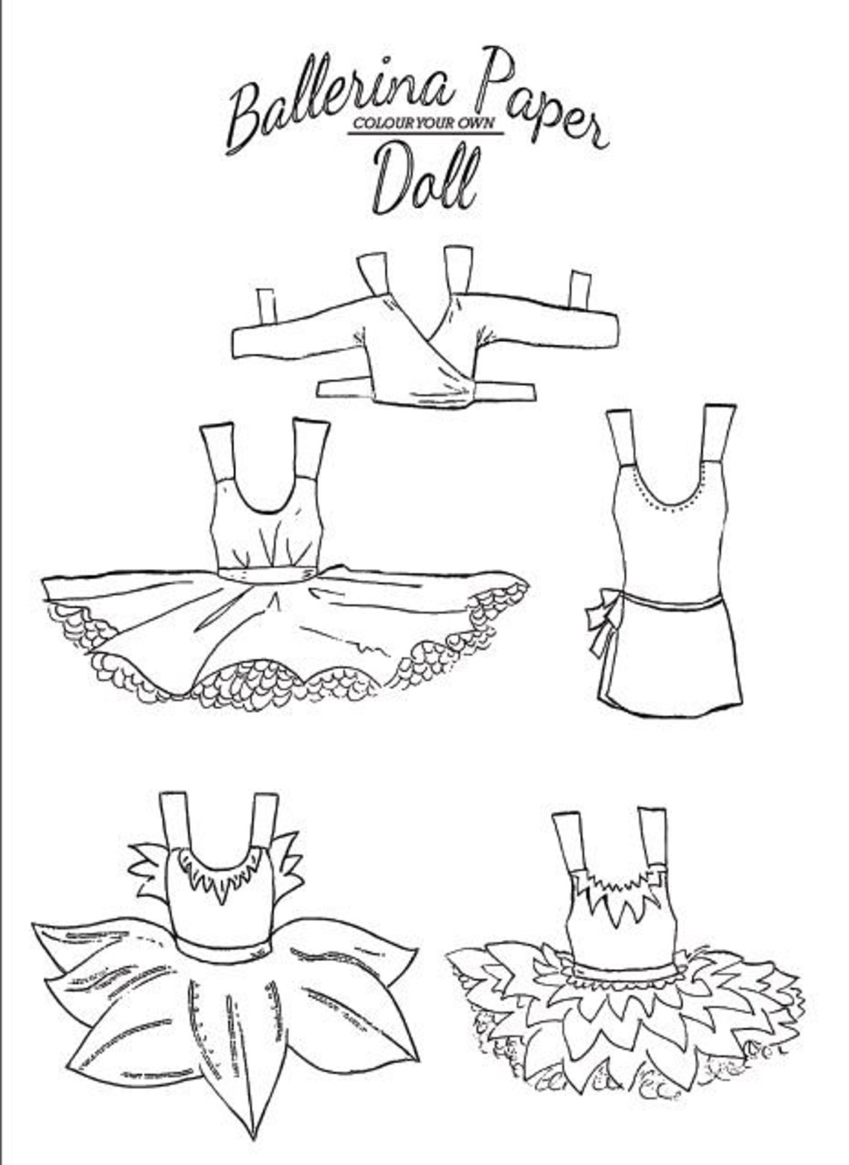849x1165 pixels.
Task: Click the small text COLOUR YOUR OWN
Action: click(x=425, y=124)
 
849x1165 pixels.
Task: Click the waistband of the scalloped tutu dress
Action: click(x=269, y=574)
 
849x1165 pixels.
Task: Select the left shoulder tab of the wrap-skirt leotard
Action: click(x=623, y=436)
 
